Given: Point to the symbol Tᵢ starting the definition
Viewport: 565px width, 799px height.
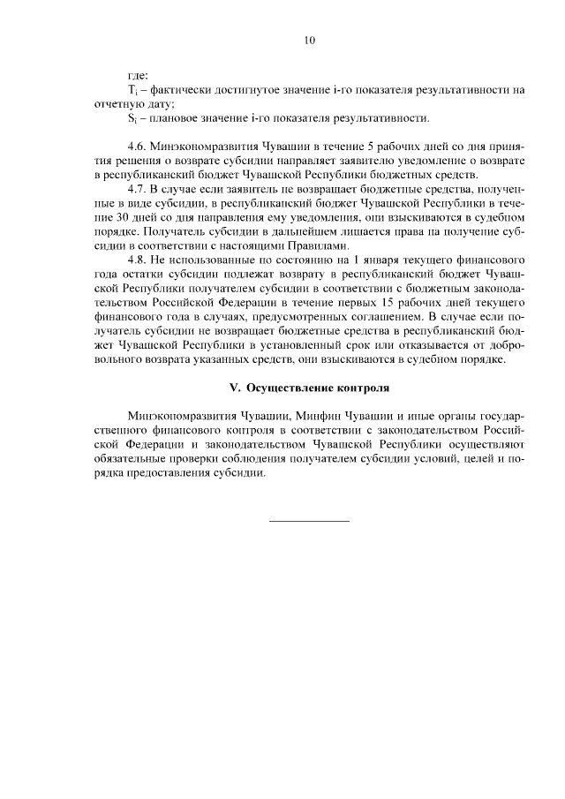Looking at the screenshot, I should point(132,90).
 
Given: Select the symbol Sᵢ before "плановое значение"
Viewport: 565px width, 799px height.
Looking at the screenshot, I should point(132,118).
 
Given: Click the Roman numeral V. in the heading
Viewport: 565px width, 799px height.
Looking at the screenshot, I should point(235,388).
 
